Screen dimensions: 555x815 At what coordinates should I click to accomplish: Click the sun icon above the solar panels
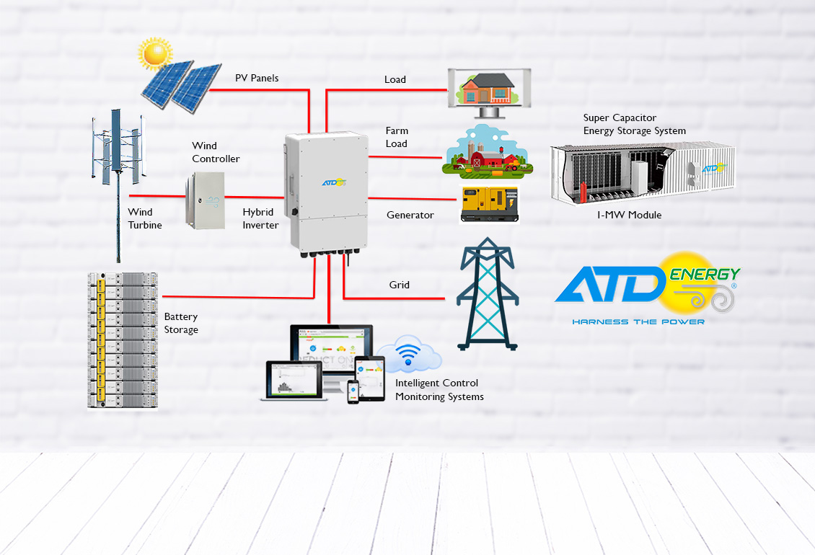[155, 53]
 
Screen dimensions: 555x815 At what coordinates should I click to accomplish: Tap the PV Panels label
[257, 78]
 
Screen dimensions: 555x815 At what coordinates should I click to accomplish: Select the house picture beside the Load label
[489, 89]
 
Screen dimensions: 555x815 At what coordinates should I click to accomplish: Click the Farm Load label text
[397, 137]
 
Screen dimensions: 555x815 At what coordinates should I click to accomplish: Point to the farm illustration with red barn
[488, 151]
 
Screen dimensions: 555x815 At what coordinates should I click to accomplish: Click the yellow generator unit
[489, 205]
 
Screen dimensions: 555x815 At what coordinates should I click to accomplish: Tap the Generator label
[410, 215]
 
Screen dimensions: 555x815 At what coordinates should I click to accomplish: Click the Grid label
[400, 285]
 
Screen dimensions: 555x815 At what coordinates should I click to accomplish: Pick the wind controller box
[205, 199]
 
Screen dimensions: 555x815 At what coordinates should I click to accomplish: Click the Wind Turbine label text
[145, 218]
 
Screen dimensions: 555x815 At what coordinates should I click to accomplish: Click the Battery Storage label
[181, 323]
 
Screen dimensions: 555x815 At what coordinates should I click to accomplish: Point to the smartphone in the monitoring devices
[353, 391]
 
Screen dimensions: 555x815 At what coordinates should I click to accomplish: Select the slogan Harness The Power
[638, 321]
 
